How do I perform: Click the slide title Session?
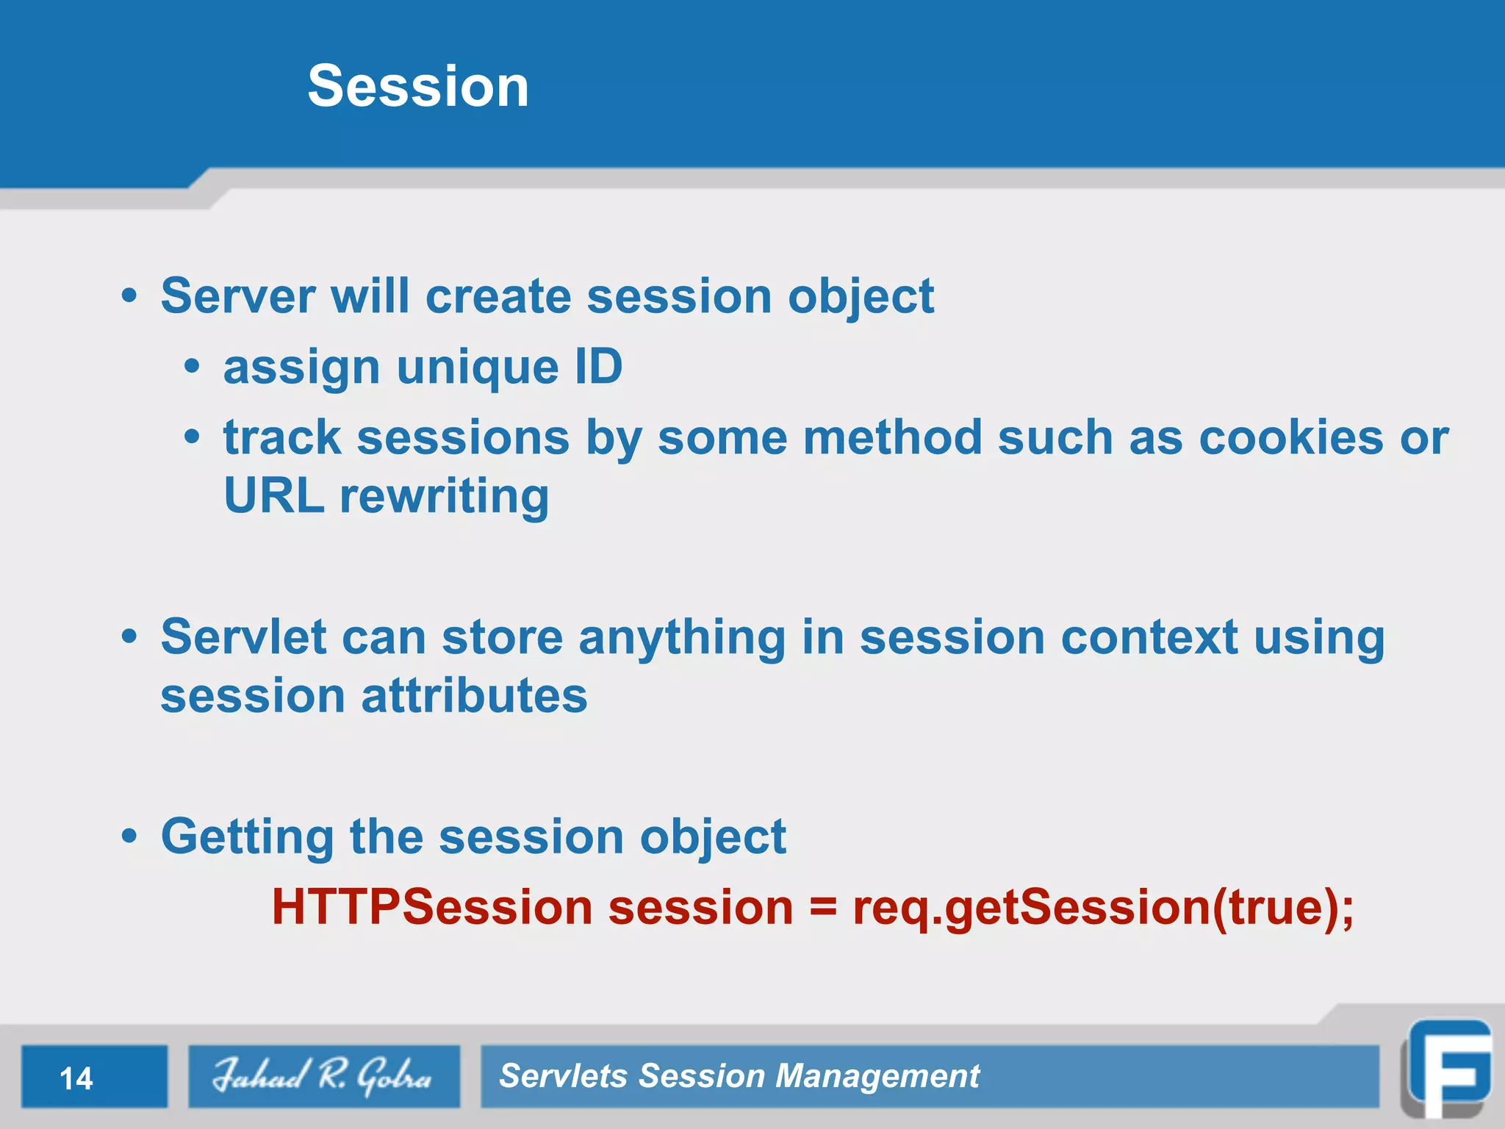pyautogui.click(x=417, y=86)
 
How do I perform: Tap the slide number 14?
pyautogui.click(x=76, y=1078)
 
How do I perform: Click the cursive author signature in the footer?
pyautogui.click(x=323, y=1076)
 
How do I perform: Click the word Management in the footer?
pyautogui.click(x=877, y=1076)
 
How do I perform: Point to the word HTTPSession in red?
pyautogui.click(x=432, y=906)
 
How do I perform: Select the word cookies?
pyautogui.click(x=1291, y=438)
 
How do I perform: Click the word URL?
pyautogui.click(x=273, y=496)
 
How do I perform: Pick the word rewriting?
pyautogui.click(x=444, y=498)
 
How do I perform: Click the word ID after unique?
pyautogui.click(x=598, y=367)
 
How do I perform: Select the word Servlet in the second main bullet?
pyautogui.click(x=243, y=637)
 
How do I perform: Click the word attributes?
pyautogui.click(x=474, y=695)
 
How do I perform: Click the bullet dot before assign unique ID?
pyautogui.click(x=192, y=367)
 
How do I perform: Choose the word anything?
pyautogui.click(x=682, y=638)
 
